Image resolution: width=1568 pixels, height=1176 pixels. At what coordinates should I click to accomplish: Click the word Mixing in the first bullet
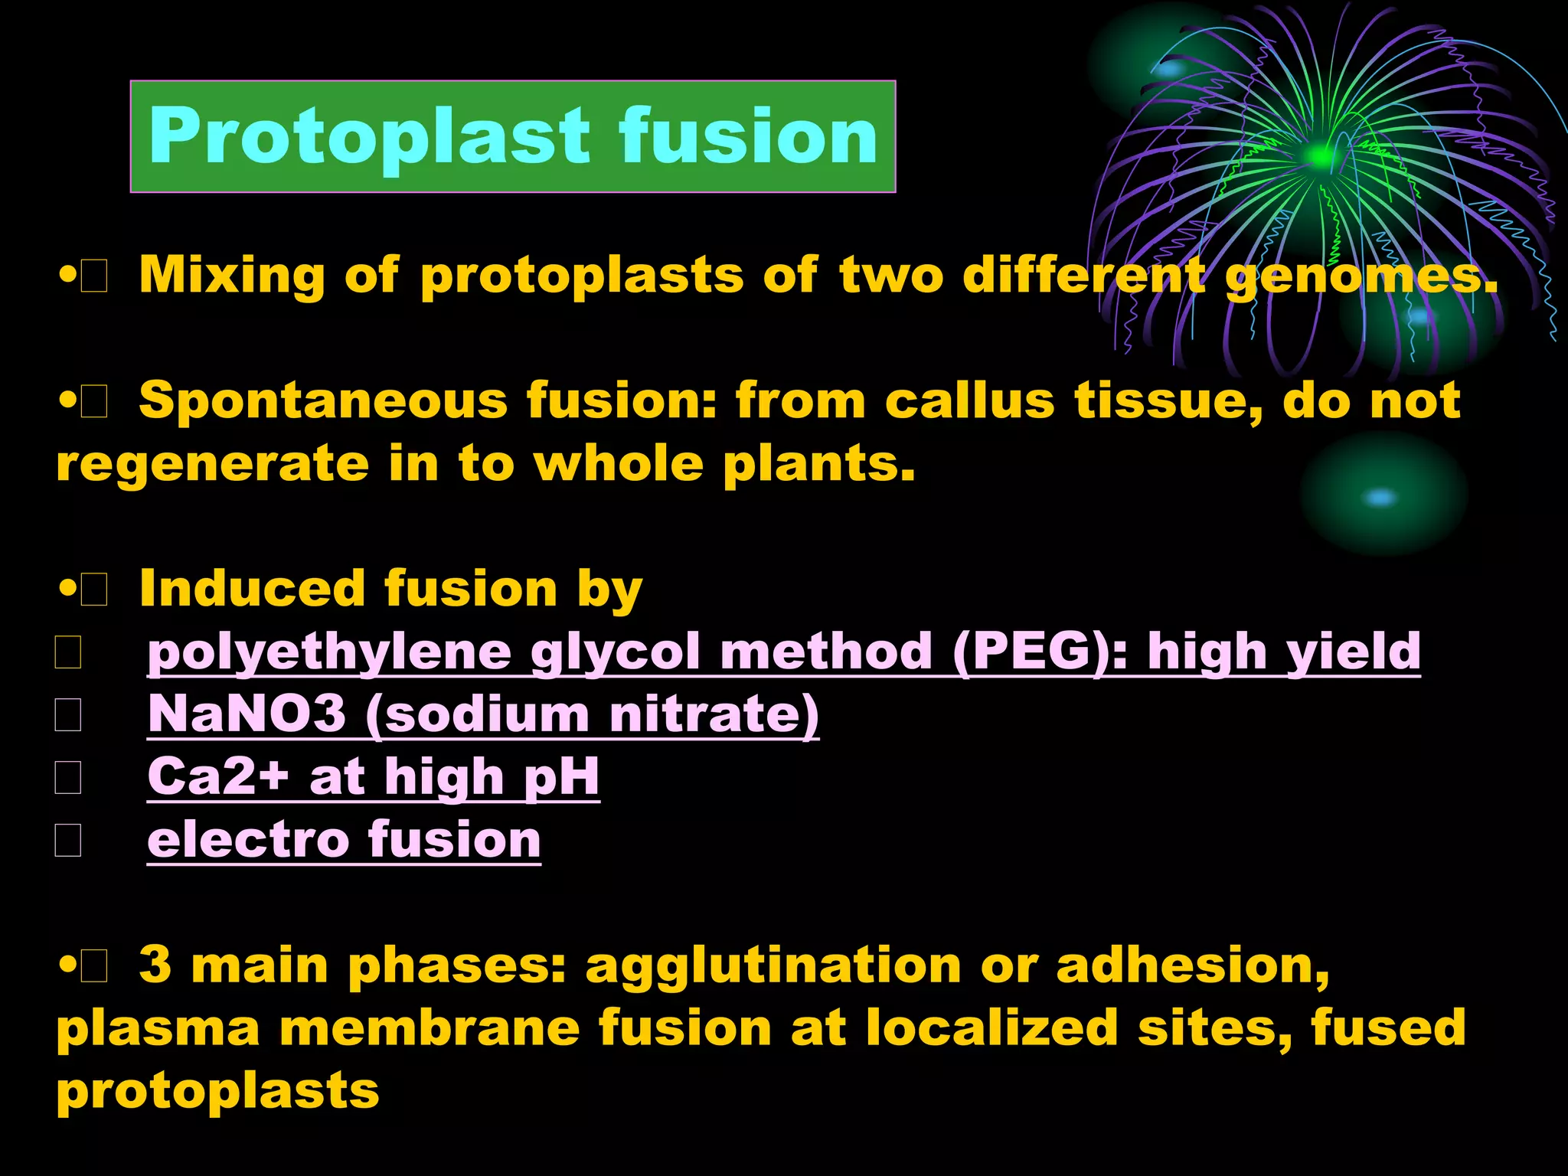pyautogui.click(x=231, y=276)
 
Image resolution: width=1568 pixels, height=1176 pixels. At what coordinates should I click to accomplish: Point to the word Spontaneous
pyautogui.click(x=323, y=401)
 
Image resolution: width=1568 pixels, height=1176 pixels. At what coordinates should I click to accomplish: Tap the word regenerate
pyautogui.click(x=212, y=465)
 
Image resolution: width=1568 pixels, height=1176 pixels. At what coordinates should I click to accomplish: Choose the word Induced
pyautogui.click(x=252, y=590)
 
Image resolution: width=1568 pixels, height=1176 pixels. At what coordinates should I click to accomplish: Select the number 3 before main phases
pyautogui.click(x=155, y=965)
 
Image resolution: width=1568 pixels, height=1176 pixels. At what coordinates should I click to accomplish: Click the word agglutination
pyautogui.click(x=773, y=967)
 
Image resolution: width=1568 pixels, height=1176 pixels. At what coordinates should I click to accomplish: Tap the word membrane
pyautogui.click(x=430, y=1028)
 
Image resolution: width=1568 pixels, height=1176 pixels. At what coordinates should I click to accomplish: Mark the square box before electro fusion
pyautogui.click(x=68, y=841)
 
